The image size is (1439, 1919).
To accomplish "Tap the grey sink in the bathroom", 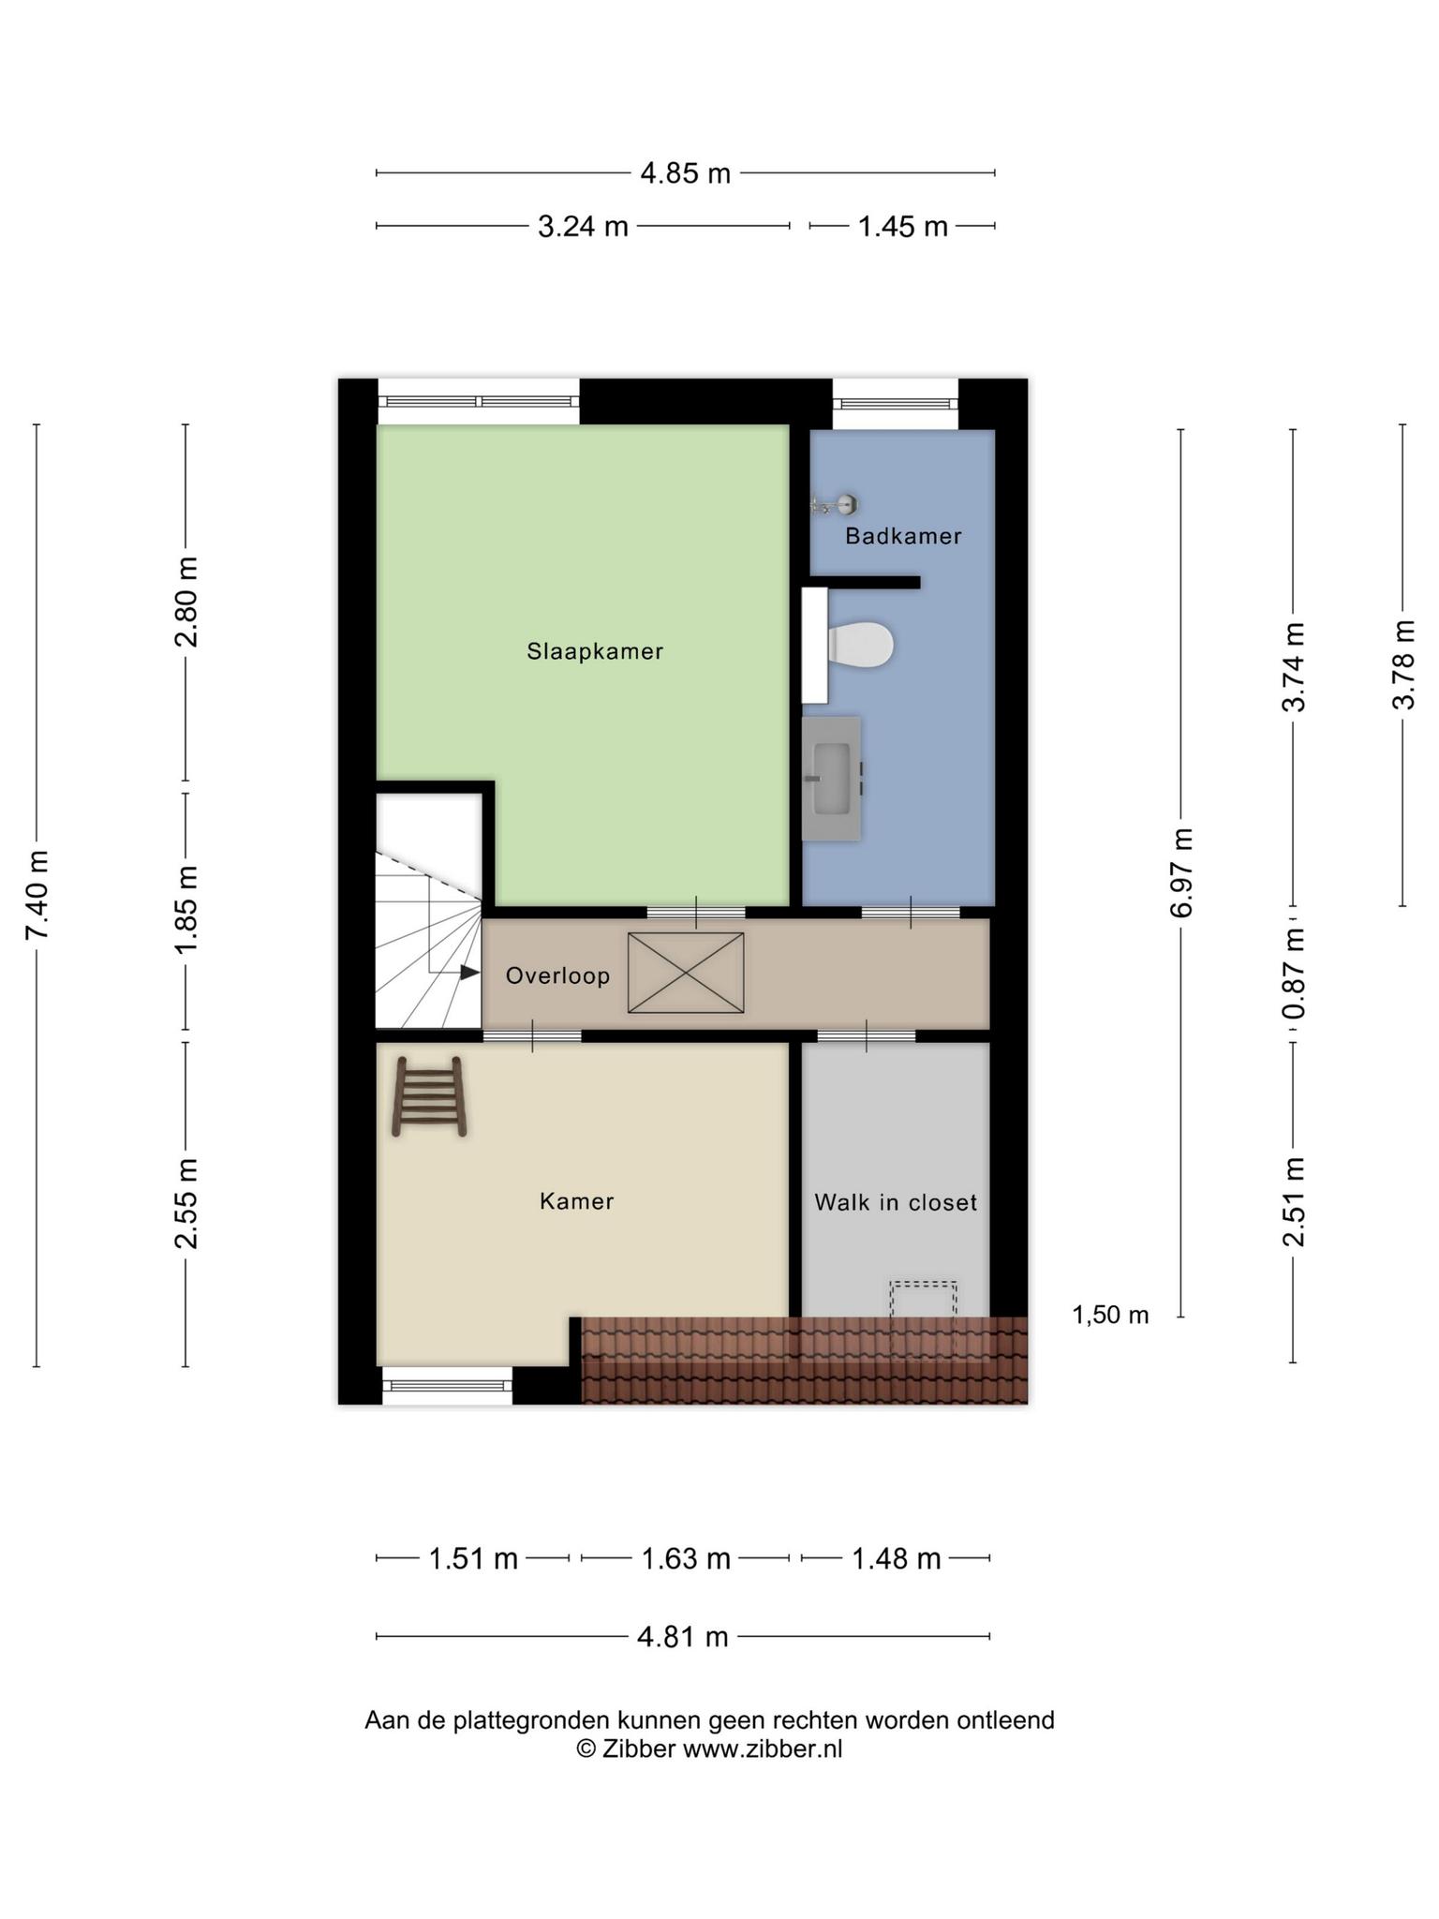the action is [x=832, y=779].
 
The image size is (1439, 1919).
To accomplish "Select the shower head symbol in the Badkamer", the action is [x=835, y=505].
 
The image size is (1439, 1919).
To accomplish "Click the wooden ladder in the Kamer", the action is [x=429, y=1096].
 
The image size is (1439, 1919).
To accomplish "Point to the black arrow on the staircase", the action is [x=469, y=973].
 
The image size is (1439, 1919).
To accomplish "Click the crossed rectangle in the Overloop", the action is [x=686, y=973].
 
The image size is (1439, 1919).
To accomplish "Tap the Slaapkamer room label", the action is [x=595, y=651].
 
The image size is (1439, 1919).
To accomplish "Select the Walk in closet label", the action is [x=896, y=1202].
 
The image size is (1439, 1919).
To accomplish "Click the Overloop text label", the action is [x=557, y=975].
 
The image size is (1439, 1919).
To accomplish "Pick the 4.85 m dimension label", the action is [x=685, y=173].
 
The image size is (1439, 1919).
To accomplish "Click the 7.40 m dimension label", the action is [x=37, y=895].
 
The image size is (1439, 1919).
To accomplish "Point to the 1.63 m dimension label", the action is [x=686, y=1558].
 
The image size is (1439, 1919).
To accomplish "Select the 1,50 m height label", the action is [x=1110, y=1315].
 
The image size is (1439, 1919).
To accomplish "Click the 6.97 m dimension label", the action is [x=1181, y=872].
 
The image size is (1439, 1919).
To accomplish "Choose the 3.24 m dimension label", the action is [x=583, y=227].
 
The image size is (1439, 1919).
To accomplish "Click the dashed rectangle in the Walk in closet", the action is [x=923, y=1317].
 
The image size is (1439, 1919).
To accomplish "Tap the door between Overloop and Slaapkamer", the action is [x=696, y=912].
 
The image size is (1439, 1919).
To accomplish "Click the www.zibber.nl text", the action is [x=763, y=1748].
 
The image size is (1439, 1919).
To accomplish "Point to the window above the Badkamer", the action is [x=896, y=403].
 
